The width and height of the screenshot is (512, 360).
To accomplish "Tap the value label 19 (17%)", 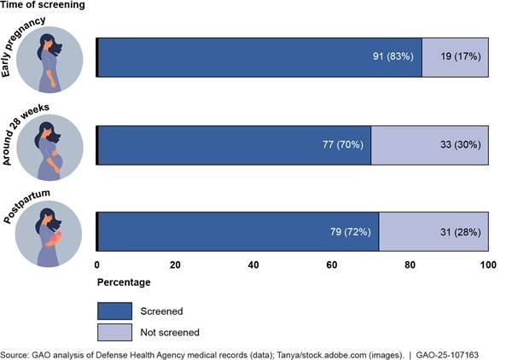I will [456, 57].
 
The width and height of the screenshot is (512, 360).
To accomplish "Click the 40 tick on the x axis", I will [253, 264].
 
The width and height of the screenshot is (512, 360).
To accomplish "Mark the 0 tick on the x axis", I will [96, 264].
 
